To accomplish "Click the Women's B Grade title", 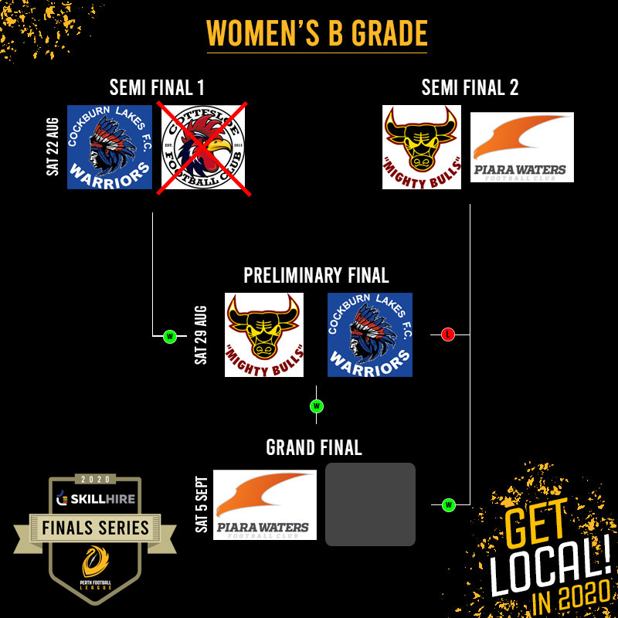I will tap(317, 33).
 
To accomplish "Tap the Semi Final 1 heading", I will tap(157, 87).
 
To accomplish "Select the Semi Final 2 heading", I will tap(470, 87).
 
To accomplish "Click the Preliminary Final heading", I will tap(316, 275).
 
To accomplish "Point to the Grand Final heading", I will tap(314, 447).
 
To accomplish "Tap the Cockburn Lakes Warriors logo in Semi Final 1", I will tap(110, 148).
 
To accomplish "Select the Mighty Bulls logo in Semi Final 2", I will tap(422, 148).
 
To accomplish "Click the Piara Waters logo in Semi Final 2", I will tap(522, 148).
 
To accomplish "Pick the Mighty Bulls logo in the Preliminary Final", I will tap(263, 335).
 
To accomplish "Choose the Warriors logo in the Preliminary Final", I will tap(370, 335).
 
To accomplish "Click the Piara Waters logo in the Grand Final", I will tap(265, 504).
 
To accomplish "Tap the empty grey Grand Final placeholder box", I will tap(370, 504).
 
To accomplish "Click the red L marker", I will tap(448, 334).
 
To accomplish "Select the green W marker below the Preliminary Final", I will tap(316, 406).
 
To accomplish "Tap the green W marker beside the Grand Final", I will tap(448, 505).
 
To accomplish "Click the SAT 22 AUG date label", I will tap(53, 147).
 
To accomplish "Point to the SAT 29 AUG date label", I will tap(202, 335).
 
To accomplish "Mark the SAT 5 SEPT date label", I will tap(202, 504).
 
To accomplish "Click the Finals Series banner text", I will tap(96, 528).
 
